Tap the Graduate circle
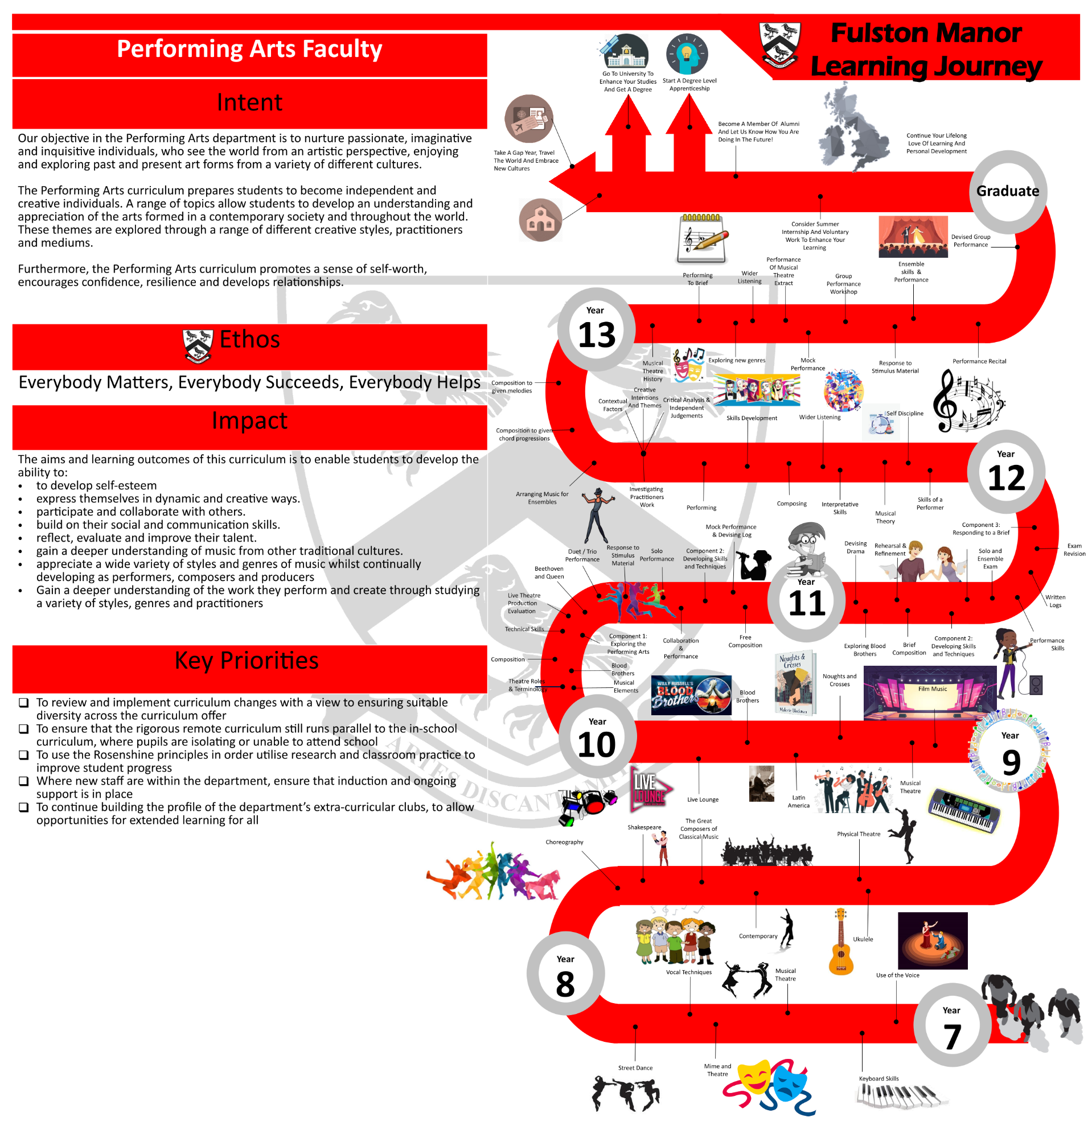tap(1007, 192)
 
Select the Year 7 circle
tap(951, 1025)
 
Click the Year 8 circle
tap(565, 974)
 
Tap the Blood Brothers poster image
tap(691, 695)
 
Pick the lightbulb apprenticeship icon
tap(687, 54)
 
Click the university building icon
tap(625, 52)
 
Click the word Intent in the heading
tap(249, 103)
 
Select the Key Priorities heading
tap(247, 661)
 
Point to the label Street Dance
tap(635, 1068)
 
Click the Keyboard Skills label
tap(878, 1079)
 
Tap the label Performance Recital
tap(979, 361)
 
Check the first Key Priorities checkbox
tap(24, 703)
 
